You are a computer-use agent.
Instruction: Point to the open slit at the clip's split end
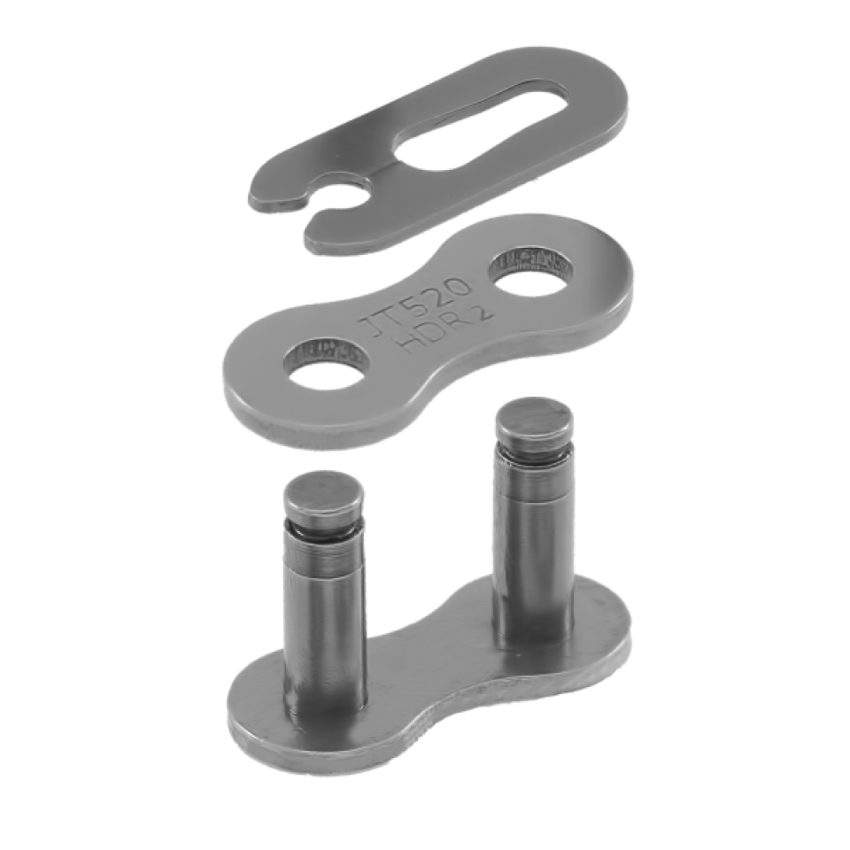pos(319,205)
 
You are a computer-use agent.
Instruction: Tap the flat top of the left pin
pos(322,493)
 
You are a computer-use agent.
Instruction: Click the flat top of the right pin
pos(533,420)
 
